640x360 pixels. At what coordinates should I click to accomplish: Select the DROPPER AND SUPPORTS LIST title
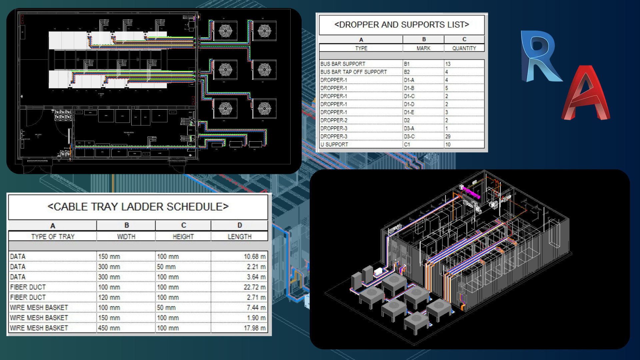pos(401,25)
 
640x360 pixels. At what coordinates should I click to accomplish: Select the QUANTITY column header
pos(464,48)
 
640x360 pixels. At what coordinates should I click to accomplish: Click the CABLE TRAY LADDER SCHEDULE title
pos(138,207)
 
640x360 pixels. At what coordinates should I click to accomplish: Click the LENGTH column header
pos(239,237)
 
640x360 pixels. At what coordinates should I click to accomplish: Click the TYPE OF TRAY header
pos(53,237)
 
